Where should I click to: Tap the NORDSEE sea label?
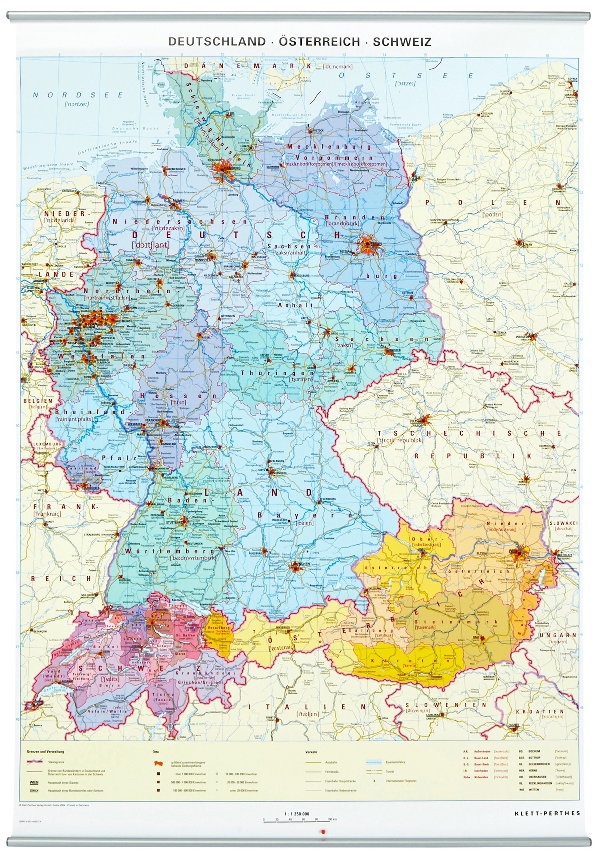pyautogui.click(x=78, y=95)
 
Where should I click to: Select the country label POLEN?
pyautogui.click(x=493, y=202)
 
